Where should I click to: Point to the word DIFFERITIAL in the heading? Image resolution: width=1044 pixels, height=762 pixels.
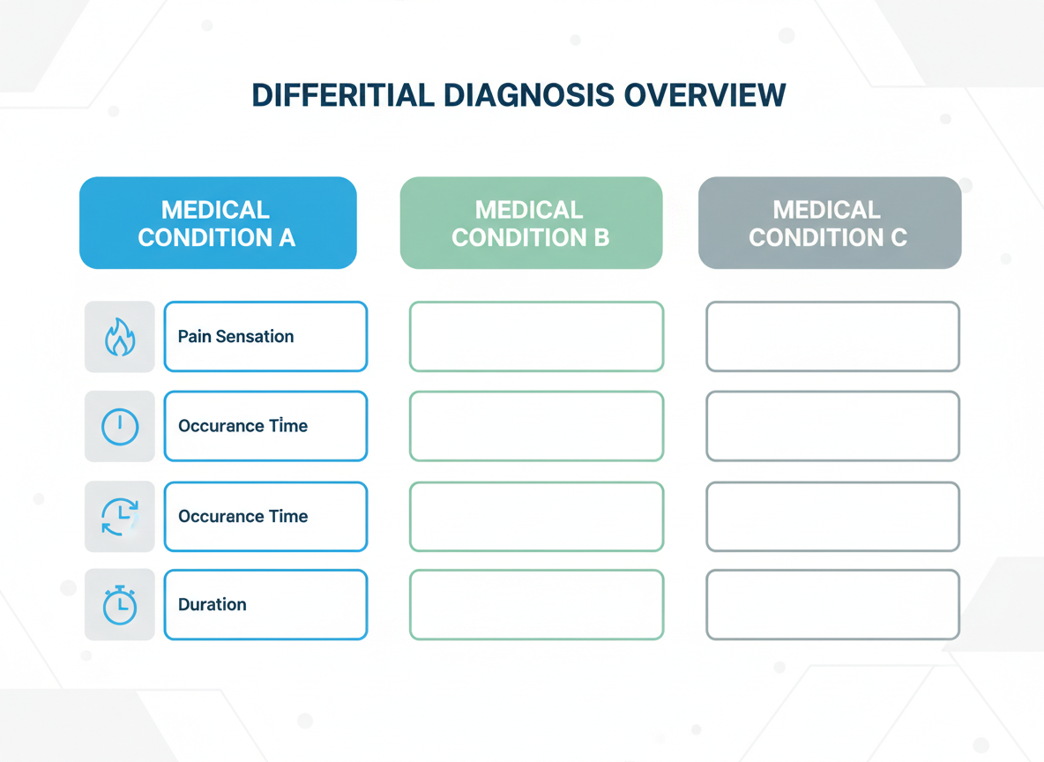pos(342,95)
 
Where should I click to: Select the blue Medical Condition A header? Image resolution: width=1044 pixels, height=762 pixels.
pos(218,223)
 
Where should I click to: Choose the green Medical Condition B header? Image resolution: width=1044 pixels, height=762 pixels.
pos(531,223)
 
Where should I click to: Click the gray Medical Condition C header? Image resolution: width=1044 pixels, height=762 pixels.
pos(829,223)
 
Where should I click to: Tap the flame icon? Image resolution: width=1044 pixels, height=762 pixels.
pos(120,337)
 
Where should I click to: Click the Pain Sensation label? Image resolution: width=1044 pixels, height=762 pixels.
pos(236,337)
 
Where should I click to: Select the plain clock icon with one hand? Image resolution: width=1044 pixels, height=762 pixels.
pos(120,427)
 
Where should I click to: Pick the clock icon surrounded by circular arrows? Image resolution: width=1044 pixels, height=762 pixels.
pos(120,517)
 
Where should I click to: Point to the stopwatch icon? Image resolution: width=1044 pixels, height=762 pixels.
pos(120,605)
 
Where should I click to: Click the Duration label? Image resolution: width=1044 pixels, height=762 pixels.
pos(213,605)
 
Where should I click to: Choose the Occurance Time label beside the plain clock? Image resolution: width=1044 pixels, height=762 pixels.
pos(243,427)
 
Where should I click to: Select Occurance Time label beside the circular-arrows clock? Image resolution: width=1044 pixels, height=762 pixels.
pos(243,517)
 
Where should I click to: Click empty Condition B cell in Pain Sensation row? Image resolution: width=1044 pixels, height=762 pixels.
pos(536,337)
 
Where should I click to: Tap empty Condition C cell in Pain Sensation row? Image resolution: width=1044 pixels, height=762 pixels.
pos(832,337)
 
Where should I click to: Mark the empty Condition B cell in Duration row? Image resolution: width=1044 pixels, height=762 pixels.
pos(536,605)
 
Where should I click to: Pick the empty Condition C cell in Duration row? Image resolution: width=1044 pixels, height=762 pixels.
pos(832,605)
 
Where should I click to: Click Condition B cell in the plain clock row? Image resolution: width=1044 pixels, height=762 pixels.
pos(536,427)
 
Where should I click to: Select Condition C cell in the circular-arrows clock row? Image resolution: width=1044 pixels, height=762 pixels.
pos(832,517)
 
